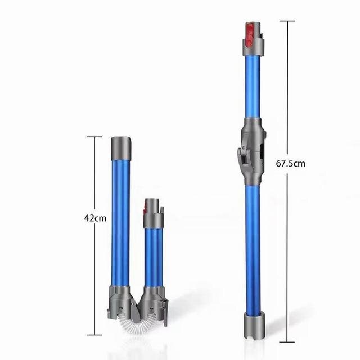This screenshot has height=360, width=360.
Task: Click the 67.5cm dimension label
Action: pos(290,164)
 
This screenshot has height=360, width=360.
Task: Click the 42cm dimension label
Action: pos(95,218)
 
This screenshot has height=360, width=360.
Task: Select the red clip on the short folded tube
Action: pos(145,208)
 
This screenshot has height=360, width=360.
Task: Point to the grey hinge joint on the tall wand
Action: pos(251,151)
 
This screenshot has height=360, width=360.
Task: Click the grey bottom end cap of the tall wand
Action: pos(254,326)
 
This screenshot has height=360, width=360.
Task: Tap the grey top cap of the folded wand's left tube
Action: pos(121,148)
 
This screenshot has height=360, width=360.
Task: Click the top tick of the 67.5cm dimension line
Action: pos(287,21)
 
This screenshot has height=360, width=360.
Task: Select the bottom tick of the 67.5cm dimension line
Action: pos(287,342)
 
